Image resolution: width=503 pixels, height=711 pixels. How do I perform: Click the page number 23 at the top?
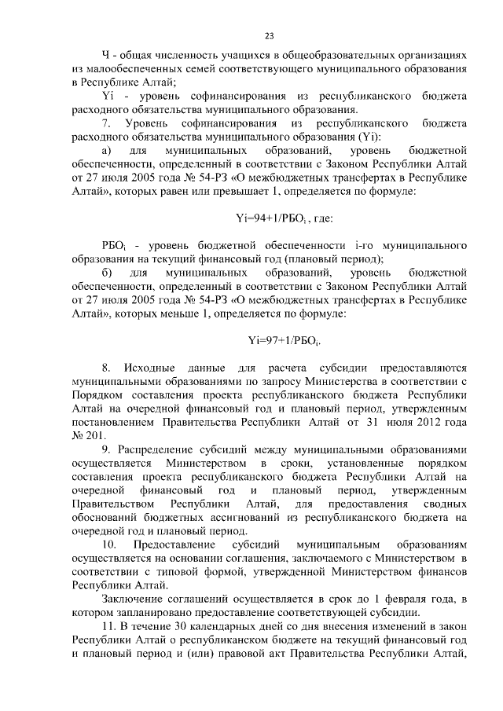[269, 35]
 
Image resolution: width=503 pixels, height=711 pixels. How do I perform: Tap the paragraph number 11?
[109, 625]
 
